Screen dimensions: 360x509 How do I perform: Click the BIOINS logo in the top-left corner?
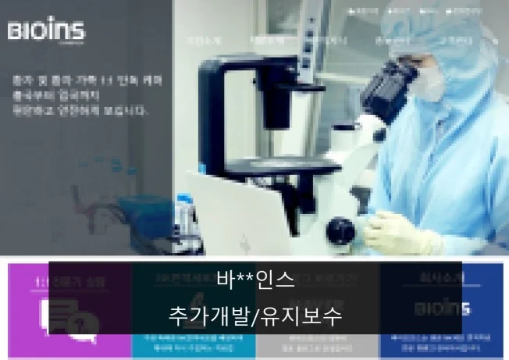pyautogui.click(x=46, y=32)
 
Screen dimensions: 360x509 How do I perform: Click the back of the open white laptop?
pyautogui.click(x=234, y=207)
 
